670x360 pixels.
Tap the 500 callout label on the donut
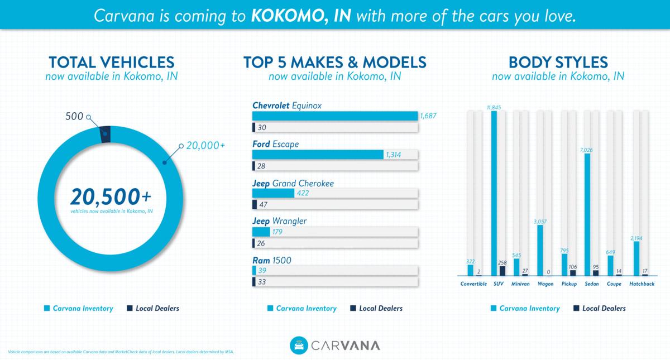(x=74, y=116)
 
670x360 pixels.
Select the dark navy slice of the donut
(x=105, y=134)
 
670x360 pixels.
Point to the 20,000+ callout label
(x=206, y=145)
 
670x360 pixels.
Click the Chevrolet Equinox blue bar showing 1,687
(x=335, y=116)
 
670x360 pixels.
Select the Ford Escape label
(x=275, y=144)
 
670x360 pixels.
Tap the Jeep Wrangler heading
(x=279, y=221)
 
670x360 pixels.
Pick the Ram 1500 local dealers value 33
(x=262, y=282)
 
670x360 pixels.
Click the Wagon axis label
(x=545, y=284)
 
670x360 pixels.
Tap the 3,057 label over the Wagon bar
(x=540, y=222)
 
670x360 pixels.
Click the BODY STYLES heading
(x=558, y=62)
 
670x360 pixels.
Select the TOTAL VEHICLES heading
(x=111, y=62)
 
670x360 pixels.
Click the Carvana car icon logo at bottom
(x=299, y=345)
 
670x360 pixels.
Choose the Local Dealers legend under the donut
(x=154, y=308)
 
